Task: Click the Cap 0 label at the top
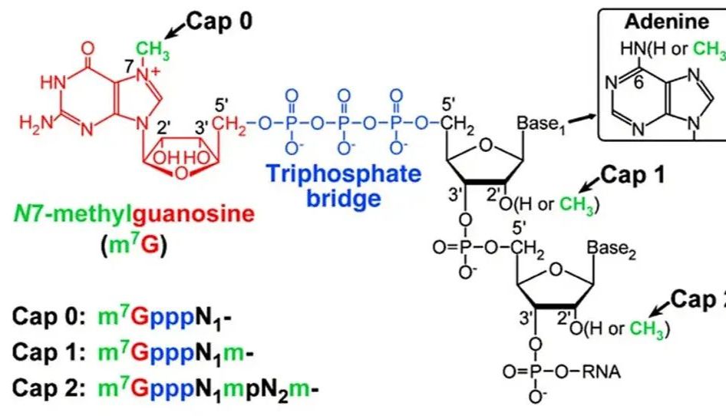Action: (x=219, y=21)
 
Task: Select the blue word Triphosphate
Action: (x=344, y=174)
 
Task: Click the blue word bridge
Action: (x=344, y=198)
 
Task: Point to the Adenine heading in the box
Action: (x=667, y=21)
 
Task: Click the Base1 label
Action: (x=541, y=124)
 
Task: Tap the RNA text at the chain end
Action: (x=601, y=371)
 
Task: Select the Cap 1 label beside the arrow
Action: (x=633, y=175)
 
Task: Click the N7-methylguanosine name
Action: (x=134, y=214)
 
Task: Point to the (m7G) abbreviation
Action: (x=134, y=245)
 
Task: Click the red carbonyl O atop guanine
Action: (x=87, y=48)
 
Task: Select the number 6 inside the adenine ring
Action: (x=639, y=84)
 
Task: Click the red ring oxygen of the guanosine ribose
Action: (x=181, y=173)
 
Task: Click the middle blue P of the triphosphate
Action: (x=344, y=124)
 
